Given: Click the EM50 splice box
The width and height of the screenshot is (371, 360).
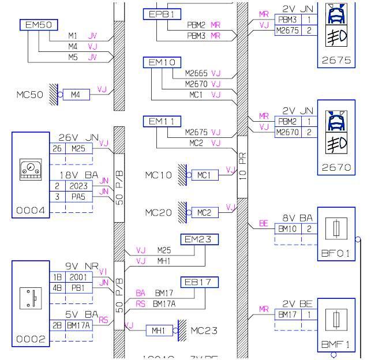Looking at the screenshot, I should click(39, 25).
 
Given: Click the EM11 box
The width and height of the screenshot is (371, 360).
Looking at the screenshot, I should click(162, 121).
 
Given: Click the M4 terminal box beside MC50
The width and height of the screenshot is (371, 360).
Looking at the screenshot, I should click(76, 94).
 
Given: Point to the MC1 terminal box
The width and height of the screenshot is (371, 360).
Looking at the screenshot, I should click(204, 175).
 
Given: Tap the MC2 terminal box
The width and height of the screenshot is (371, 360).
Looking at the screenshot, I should click(204, 212).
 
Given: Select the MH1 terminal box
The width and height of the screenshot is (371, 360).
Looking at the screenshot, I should click(158, 331).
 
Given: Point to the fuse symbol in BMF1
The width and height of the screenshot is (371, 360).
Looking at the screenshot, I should click(336, 318).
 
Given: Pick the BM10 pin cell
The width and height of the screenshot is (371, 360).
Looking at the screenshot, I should click(287, 229).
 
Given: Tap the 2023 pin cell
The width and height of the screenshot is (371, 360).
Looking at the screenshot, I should click(78, 186).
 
